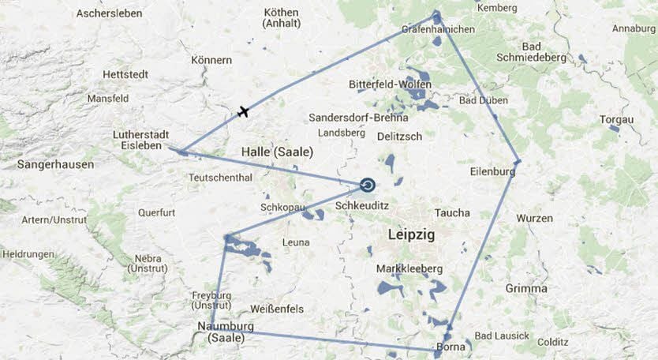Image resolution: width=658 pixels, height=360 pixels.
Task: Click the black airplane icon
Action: click(243, 111)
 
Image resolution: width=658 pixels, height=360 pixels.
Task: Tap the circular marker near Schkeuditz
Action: click(368, 186)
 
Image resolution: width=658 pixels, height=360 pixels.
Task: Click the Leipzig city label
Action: click(411, 234)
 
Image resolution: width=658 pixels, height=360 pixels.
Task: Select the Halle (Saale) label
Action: click(277, 152)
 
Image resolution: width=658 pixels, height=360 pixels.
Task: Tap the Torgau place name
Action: click(616, 119)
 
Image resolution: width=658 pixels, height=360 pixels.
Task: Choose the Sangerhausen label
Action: click(56, 165)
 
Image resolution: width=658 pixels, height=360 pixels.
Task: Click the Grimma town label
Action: click(527, 288)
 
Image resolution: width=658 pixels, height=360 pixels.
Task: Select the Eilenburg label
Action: click(492, 171)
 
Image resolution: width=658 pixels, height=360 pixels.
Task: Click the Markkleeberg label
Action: click(409, 269)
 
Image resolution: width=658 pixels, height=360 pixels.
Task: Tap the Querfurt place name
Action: click(156, 212)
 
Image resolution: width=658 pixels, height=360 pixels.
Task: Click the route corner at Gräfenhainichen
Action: click(436, 16)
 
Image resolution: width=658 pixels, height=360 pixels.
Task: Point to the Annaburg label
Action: click(634, 29)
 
